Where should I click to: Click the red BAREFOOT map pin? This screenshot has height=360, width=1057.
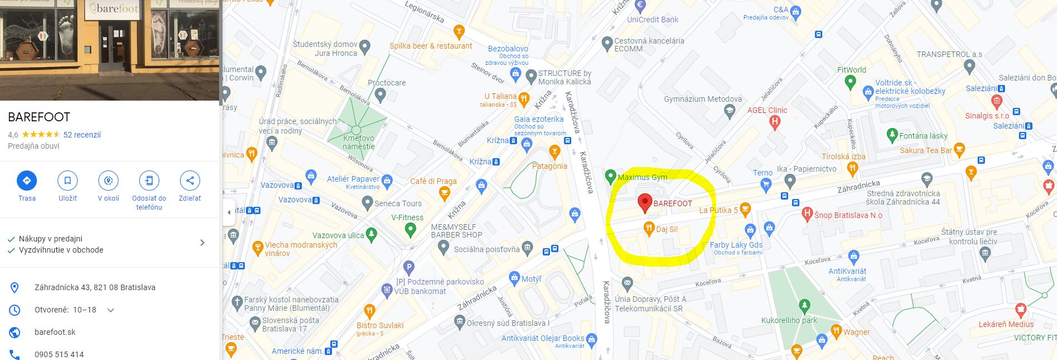[x=644, y=202]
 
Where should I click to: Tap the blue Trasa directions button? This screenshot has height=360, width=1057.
[x=26, y=181]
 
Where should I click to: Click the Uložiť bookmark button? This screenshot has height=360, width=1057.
[x=68, y=181]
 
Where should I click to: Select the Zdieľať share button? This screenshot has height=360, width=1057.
[x=190, y=181]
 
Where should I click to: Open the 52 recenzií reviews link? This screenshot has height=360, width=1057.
[x=82, y=135]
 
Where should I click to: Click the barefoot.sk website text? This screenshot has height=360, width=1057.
[x=55, y=332]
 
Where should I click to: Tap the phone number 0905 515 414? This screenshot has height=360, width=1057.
[x=59, y=354]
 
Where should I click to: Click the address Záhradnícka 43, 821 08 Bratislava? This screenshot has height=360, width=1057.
[x=95, y=287]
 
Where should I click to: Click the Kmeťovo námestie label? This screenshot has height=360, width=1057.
[x=359, y=142]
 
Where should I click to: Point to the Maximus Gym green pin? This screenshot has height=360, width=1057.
[x=610, y=176]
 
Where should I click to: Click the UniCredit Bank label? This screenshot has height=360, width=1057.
[x=652, y=20]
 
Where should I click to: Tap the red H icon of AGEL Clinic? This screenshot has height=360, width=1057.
[x=774, y=122]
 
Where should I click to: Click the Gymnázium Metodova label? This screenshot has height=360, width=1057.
[x=703, y=99]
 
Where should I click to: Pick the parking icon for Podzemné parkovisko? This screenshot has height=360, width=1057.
[x=409, y=268]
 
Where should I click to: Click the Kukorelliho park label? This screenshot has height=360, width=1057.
[x=789, y=320]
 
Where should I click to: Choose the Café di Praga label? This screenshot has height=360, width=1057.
[x=433, y=181]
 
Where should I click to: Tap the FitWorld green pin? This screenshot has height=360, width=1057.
[x=850, y=82]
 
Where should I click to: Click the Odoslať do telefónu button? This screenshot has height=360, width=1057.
[x=149, y=181]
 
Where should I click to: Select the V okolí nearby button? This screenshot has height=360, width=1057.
[x=108, y=181]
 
